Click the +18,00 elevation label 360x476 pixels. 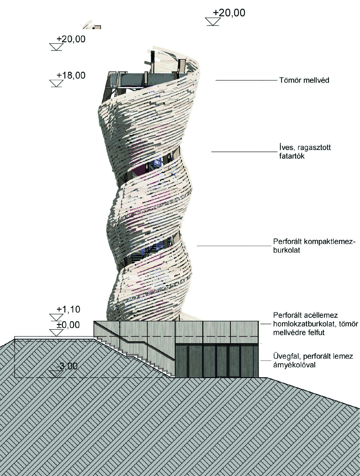[x=71, y=75]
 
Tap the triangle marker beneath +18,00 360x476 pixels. [x=56, y=83]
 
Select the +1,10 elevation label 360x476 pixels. [x=68, y=310]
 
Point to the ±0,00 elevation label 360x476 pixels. [x=68, y=325]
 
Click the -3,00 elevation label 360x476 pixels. [x=67, y=366]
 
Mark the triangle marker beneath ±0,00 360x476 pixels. [x=56, y=333]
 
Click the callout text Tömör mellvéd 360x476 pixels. [x=304, y=80]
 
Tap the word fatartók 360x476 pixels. [x=292, y=156]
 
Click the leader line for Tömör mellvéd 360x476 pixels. [x=246, y=80]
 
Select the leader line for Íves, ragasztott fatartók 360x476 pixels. [x=244, y=151]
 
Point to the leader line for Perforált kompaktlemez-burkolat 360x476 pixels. [x=234, y=246]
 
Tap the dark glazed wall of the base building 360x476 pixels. [x=217, y=360]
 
